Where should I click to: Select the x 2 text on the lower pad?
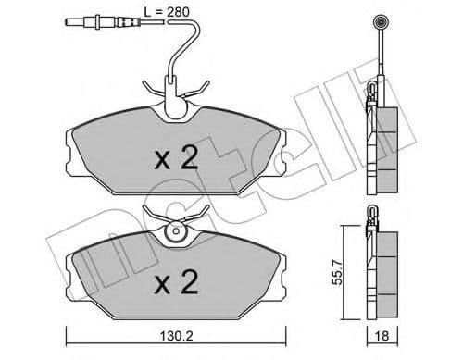click(x=176, y=278)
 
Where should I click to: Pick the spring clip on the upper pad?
click(x=176, y=93)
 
